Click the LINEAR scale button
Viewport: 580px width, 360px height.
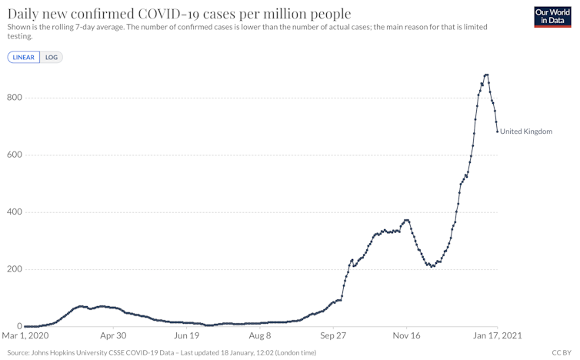[x=23, y=57]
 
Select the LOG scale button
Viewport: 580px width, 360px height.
[x=52, y=57]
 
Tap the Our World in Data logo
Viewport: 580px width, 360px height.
[x=552, y=17]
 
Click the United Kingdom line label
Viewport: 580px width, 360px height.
[x=526, y=132]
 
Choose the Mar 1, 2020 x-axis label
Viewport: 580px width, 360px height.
[x=27, y=336]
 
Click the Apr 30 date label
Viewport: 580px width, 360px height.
[x=113, y=336]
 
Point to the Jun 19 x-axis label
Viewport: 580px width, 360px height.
[x=187, y=336]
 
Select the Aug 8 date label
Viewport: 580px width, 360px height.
[x=260, y=336]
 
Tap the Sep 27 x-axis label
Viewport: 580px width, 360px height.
[x=334, y=336]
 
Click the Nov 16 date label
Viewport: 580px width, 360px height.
[x=407, y=336]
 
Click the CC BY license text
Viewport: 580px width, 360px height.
[x=562, y=352]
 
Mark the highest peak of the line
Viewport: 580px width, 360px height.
[x=486, y=75]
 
